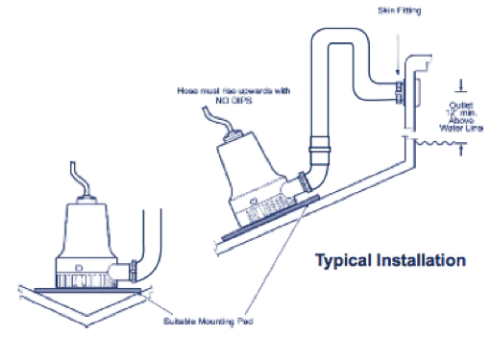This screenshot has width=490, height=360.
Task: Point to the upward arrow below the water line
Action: [462, 150]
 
